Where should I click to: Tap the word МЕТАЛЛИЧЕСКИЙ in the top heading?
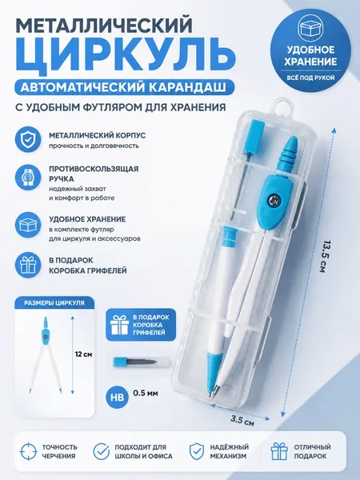(104, 26)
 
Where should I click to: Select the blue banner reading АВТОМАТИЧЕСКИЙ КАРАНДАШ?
(123, 87)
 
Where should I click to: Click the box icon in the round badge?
(310, 29)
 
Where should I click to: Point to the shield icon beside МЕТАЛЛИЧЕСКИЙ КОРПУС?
(28, 139)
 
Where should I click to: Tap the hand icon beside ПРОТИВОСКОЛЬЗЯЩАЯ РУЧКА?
(28, 178)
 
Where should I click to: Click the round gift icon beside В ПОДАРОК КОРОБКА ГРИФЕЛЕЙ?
(28, 265)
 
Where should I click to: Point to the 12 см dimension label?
(83, 354)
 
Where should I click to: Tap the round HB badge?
(118, 397)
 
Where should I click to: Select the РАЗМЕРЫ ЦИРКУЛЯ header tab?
(54, 303)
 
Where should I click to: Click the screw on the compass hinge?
(273, 200)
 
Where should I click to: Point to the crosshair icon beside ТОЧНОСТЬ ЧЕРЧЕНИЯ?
(28, 451)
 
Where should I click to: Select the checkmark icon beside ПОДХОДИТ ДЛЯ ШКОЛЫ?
(102, 451)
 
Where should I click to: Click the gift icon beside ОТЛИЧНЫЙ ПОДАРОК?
(279, 451)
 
